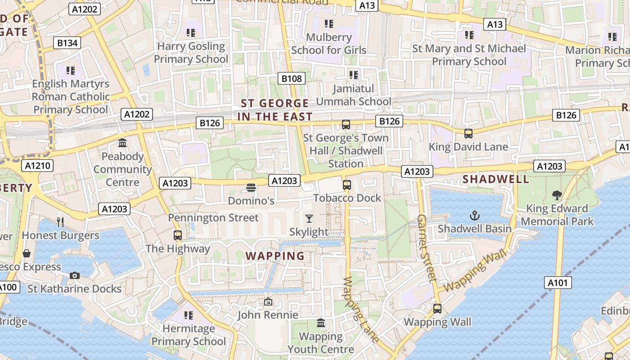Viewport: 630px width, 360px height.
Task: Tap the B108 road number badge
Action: coord(291,78)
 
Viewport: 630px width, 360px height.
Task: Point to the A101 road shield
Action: coord(558,283)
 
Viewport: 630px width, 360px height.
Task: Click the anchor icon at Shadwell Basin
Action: coord(475,216)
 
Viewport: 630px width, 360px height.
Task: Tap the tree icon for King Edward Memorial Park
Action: coord(557,195)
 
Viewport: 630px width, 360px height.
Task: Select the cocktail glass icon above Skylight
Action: coord(309,219)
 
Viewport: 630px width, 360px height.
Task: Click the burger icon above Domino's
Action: coord(251,187)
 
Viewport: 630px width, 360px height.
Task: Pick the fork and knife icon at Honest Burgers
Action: coord(61,222)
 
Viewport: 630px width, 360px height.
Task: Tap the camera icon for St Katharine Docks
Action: coord(75,275)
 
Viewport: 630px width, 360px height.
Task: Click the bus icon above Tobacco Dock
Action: coord(347,184)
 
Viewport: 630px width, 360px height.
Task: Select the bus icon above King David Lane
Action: coord(468,133)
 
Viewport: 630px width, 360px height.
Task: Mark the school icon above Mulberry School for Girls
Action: coord(329,23)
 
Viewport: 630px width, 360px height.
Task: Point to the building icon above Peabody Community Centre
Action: coord(122,143)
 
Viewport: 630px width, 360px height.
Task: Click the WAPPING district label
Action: coord(275,256)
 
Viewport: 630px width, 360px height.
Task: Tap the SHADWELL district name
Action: coord(496,179)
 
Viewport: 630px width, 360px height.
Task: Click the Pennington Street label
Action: coord(213,218)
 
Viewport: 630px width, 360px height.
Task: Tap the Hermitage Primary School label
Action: coord(189,335)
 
